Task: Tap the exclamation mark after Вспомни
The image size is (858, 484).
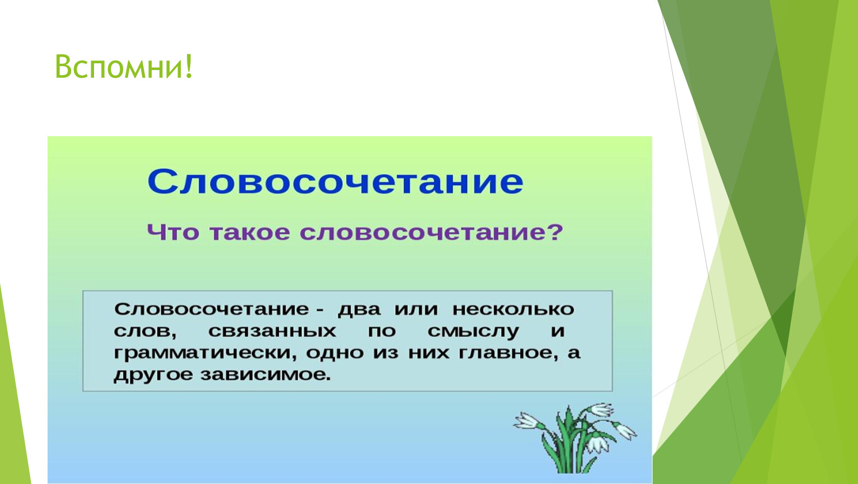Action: click(189, 66)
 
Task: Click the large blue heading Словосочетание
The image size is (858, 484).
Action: click(335, 182)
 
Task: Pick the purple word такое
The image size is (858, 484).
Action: click(250, 232)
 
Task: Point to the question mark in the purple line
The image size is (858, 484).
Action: click(555, 232)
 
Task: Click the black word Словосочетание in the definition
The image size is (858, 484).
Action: click(212, 309)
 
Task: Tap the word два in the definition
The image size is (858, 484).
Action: click(359, 309)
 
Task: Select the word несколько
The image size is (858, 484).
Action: click(513, 309)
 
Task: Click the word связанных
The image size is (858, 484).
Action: click(273, 331)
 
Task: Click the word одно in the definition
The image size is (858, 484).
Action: click(335, 353)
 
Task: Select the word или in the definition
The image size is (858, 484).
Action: click(416, 309)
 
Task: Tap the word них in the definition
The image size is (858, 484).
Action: click(429, 353)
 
